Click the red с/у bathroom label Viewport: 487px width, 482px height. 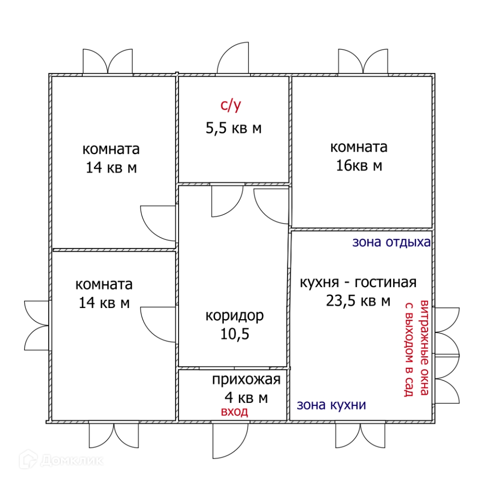pyautogui.click(x=231, y=106)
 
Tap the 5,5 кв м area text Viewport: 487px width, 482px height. pyautogui.click(x=233, y=128)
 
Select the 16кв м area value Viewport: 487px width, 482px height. pyautogui.click(x=359, y=165)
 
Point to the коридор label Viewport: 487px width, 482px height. pyautogui.click(x=234, y=316)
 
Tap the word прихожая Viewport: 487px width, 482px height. pyautogui.click(x=246, y=380)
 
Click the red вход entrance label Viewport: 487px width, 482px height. pyautogui.click(x=234, y=411)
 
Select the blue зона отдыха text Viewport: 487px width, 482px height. pyautogui.click(x=391, y=242)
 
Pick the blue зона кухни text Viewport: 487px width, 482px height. pyautogui.click(x=331, y=405)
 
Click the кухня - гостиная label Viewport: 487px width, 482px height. pyautogui.click(x=358, y=282)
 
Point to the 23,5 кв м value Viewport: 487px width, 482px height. pyautogui.click(x=358, y=300)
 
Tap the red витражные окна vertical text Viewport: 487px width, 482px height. pyautogui.click(x=426, y=349)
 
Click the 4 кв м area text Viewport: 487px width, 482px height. pyautogui.click(x=246, y=397)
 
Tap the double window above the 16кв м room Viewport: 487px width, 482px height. pyautogui.click(x=363, y=62)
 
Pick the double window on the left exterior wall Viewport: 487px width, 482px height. pyautogui.click(x=37, y=325)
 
